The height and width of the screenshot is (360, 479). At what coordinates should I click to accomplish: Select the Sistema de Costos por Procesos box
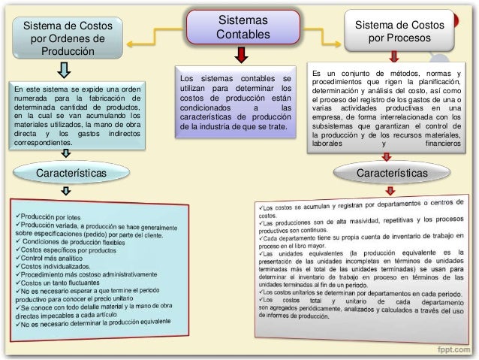(399, 31)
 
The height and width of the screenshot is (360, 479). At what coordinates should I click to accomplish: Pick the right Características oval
(392, 174)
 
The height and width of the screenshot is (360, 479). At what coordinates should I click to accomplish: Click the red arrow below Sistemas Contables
(240, 54)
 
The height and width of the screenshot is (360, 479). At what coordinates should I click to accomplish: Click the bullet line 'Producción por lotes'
(53, 218)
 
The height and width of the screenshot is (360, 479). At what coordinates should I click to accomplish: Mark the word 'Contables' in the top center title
(240, 35)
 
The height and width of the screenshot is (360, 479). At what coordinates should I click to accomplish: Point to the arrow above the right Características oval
(387, 157)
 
